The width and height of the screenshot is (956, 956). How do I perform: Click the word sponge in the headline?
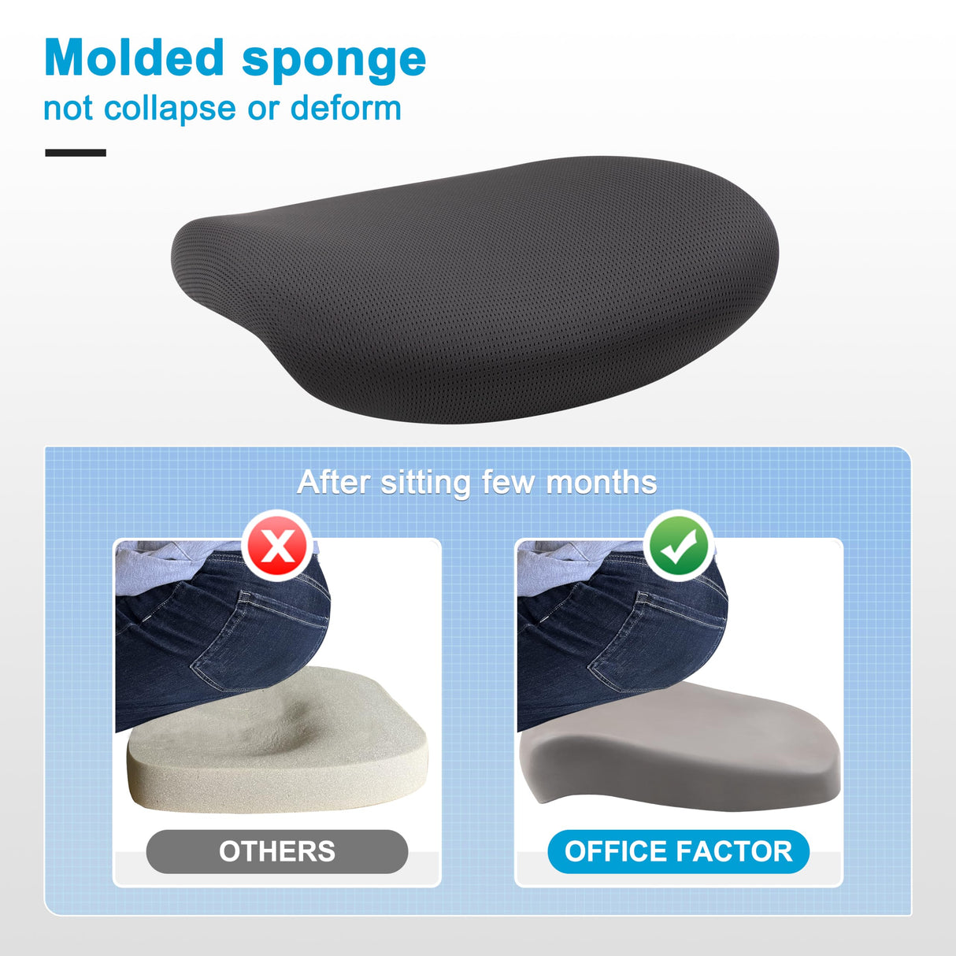[x=334, y=63]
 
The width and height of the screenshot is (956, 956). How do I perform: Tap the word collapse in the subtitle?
[x=170, y=109]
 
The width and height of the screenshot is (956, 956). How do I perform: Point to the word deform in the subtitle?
[x=346, y=108]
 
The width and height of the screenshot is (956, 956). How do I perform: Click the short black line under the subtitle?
[x=76, y=153]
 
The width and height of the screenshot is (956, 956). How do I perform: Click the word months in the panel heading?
[x=602, y=482]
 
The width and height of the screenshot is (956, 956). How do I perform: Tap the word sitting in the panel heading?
[x=425, y=483]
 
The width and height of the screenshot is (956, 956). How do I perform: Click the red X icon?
[x=277, y=545]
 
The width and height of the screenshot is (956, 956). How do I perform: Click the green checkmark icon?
[x=679, y=545]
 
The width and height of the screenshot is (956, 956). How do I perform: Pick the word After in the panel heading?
[x=333, y=482]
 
